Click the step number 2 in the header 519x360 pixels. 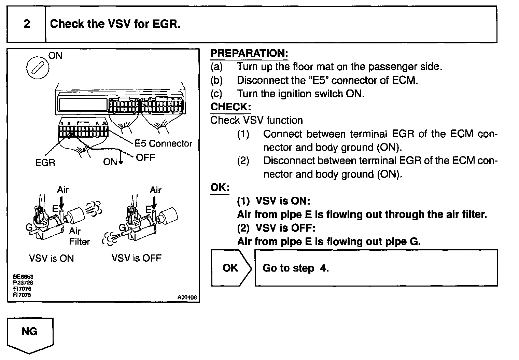pyautogui.click(x=27, y=24)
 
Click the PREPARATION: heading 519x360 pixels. pyautogui.click(x=249, y=53)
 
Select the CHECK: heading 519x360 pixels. pyautogui.click(x=230, y=107)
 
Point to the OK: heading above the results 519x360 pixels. pyautogui.click(x=220, y=188)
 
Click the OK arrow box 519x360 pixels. pyautogui.click(x=231, y=268)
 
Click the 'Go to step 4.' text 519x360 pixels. pyautogui.click(x=295, y=268)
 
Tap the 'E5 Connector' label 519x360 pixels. pyautogui.click(x=163, y=143)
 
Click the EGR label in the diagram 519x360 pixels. pyautogui.click(x=45, y=162)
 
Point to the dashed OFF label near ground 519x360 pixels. pyautogui.click(x=145, y=157)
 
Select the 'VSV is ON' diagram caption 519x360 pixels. pyautogui.click(x=52, y=258)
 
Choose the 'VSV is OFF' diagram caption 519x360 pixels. pyautogui.click(x=136, y=258)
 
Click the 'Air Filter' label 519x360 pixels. pyautogui.click(x=79, y=236)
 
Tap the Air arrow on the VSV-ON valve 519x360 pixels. pyautogui.click(x=61, y=202)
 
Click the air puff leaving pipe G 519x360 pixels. pyautogui.click(x=110, y=238)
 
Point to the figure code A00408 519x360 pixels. pyautogui.click(x=187, y=297)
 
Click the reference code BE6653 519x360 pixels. pyautogui.click(x=23, y=277)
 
